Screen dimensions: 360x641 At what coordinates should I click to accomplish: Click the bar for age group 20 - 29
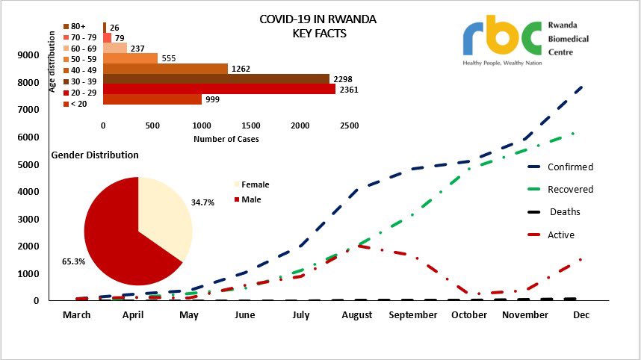click(218, 89)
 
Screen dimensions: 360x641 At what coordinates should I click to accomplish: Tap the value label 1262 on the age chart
click(241, 69)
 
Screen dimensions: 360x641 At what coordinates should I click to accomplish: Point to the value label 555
click(170, 58)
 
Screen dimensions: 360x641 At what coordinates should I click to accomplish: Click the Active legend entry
click(561, 235)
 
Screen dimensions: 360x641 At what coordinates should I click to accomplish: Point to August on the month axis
click(357, 315)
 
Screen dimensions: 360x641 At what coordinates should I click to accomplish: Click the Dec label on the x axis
click(581, 315)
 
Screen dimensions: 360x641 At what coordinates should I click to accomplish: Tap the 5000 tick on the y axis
click(28, 164)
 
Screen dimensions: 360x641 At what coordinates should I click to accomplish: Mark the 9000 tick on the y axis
click(28, 55)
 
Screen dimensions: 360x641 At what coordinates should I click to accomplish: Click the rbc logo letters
click(501, 35)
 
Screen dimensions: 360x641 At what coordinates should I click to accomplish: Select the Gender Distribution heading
click(95, 155)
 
